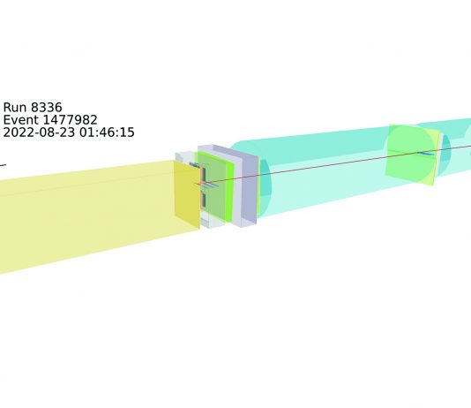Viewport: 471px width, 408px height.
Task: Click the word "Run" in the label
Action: [x=15, y=108]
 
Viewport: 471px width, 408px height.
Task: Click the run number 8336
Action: [x=46, y=108]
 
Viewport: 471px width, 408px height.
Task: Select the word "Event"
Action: [x=20, y=120]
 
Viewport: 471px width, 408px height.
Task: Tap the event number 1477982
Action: [x=70, y=120]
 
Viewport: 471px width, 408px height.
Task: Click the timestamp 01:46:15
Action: [x=107, y=132]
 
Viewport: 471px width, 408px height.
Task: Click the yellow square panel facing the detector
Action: [x=187, y=194]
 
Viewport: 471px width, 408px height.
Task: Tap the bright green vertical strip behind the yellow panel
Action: [x=230, y=193]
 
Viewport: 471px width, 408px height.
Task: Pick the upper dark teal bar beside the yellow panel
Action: [x=204, y=174]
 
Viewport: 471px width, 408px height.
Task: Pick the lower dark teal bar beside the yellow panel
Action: [x=204, y=200]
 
